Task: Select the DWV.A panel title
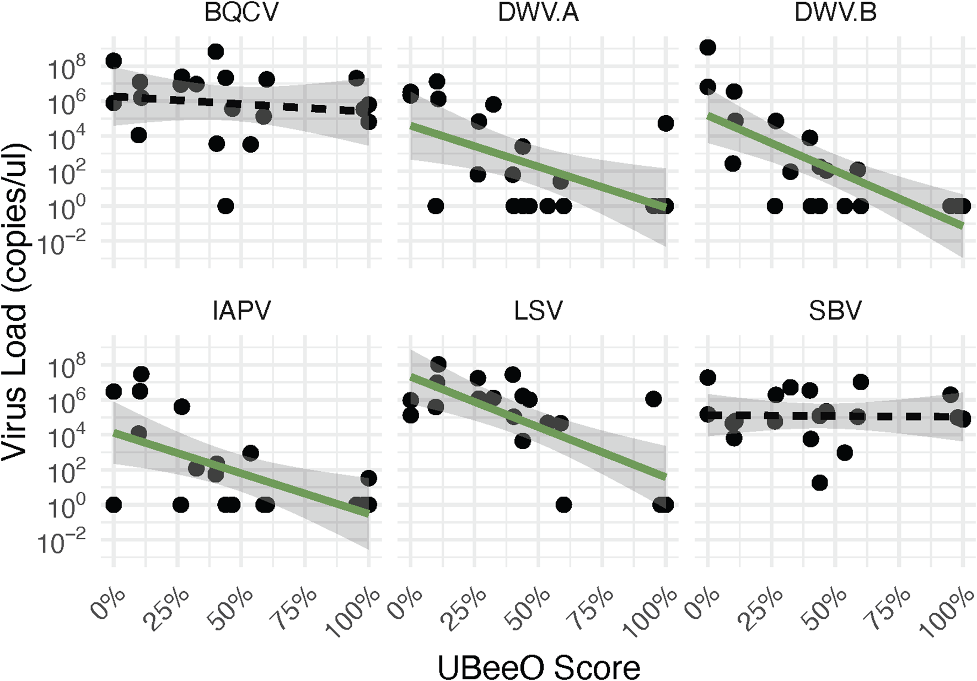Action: tap(538, 13)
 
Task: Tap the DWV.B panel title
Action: tap(835, 13)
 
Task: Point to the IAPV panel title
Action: tap(241, 311)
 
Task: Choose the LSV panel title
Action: tap(538, 311)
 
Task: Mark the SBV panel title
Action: tap(835, 311)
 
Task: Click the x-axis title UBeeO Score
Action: tap(539, 668)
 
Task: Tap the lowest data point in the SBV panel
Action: tap(820, 483)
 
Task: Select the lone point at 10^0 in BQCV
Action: tap(226, 206)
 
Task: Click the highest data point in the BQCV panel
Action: tap(216, 52)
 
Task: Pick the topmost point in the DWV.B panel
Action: tap(707, 48)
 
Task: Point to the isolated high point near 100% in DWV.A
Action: tap(665, 123)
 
